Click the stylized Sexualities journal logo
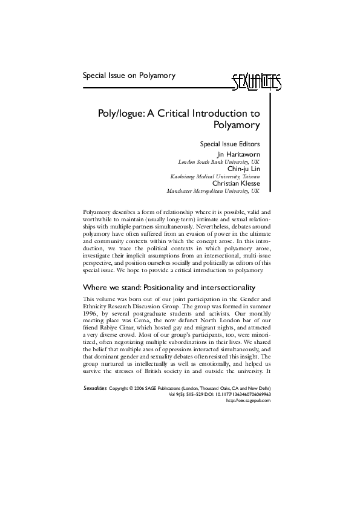pos(257,81)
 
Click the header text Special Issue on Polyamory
pos(129,76)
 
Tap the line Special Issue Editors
pos(229,144)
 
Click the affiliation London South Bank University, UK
pos(218,163)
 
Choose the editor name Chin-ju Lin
pos(243,169)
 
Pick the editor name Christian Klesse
pos(236,183)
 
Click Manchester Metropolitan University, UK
pos(213,190)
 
